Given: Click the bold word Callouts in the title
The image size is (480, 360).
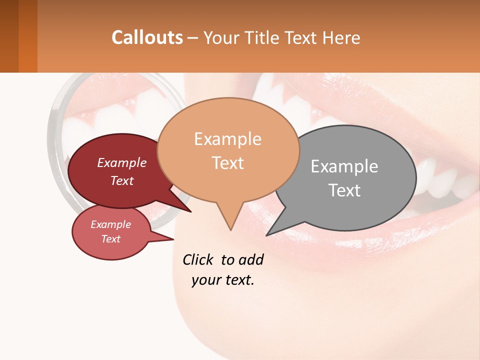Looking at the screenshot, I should click(x=147, y=37).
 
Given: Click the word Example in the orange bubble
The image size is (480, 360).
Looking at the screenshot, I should click(x=227, y=139).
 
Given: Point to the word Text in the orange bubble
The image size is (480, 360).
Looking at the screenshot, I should click(x=227, y=163).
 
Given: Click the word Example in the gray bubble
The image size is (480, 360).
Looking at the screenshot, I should click(x=344, y=166).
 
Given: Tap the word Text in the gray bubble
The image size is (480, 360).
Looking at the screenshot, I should click(x=344, y=190).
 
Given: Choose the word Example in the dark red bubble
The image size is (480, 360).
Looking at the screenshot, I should click(x=122, y=162).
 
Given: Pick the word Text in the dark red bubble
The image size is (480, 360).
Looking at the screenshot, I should click(x=122, y=180).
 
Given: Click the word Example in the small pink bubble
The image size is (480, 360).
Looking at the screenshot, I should click(x=111, y=224).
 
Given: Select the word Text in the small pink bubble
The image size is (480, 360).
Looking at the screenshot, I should click(x=111, y=239).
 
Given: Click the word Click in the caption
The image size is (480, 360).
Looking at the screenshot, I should click(x=199, y=259).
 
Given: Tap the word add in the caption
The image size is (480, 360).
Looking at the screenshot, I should click(x=251, y=259).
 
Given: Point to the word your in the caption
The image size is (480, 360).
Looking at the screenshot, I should click(x=206, y=280).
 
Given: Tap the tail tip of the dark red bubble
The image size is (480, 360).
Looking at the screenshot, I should click(x=190, y=211).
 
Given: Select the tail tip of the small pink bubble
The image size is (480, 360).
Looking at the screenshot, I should click(x=173, y=239).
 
